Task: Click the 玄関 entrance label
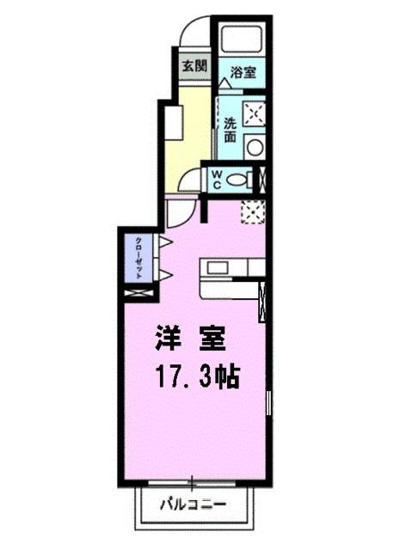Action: click(x=194, y=65)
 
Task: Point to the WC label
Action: click(x=218, y=180)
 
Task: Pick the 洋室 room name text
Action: click(x=191, y=338)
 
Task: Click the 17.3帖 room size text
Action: click(x=197, y=376)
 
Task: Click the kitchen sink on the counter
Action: click(x=215, y=267)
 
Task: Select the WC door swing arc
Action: click(x=193, y=180)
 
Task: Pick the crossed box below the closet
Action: click(x=137, y=292)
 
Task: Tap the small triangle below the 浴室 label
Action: click(x=224, y=83)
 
